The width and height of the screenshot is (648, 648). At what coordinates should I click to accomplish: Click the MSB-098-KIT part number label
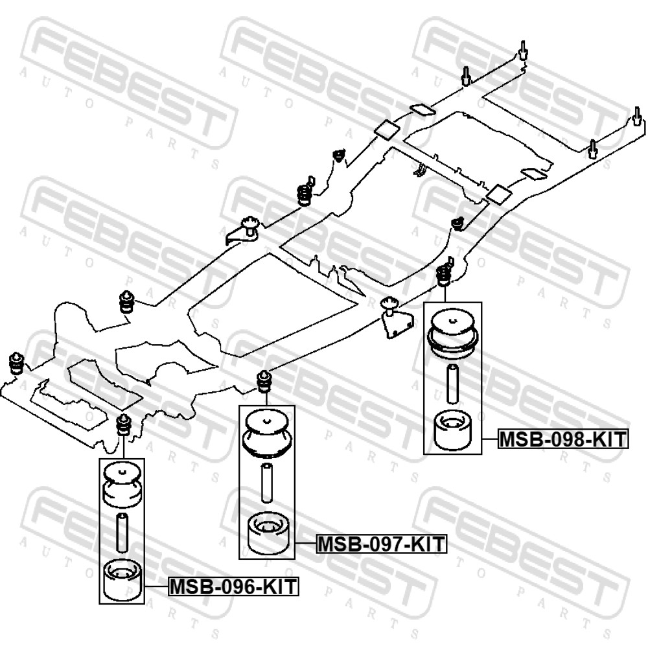tap(563, 439)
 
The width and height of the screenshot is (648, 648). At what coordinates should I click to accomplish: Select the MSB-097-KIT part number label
tap(382, 544)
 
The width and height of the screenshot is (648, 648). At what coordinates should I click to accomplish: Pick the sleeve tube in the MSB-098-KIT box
tap(452, 384)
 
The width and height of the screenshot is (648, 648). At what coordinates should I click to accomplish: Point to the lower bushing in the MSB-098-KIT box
tap(452, 431)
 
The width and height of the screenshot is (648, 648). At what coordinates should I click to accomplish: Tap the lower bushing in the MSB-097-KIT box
tap(268, 533)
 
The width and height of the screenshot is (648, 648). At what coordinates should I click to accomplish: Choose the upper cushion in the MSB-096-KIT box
tap(122, 485)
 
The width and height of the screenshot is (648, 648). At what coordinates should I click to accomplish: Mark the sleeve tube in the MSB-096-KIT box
tap(122, 532)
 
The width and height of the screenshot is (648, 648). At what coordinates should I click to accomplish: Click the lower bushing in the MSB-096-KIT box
tap(122, 579)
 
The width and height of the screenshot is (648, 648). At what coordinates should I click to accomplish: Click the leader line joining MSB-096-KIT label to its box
tap(156, 586)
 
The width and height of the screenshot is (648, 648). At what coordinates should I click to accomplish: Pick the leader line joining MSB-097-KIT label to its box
tap(306, 544)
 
